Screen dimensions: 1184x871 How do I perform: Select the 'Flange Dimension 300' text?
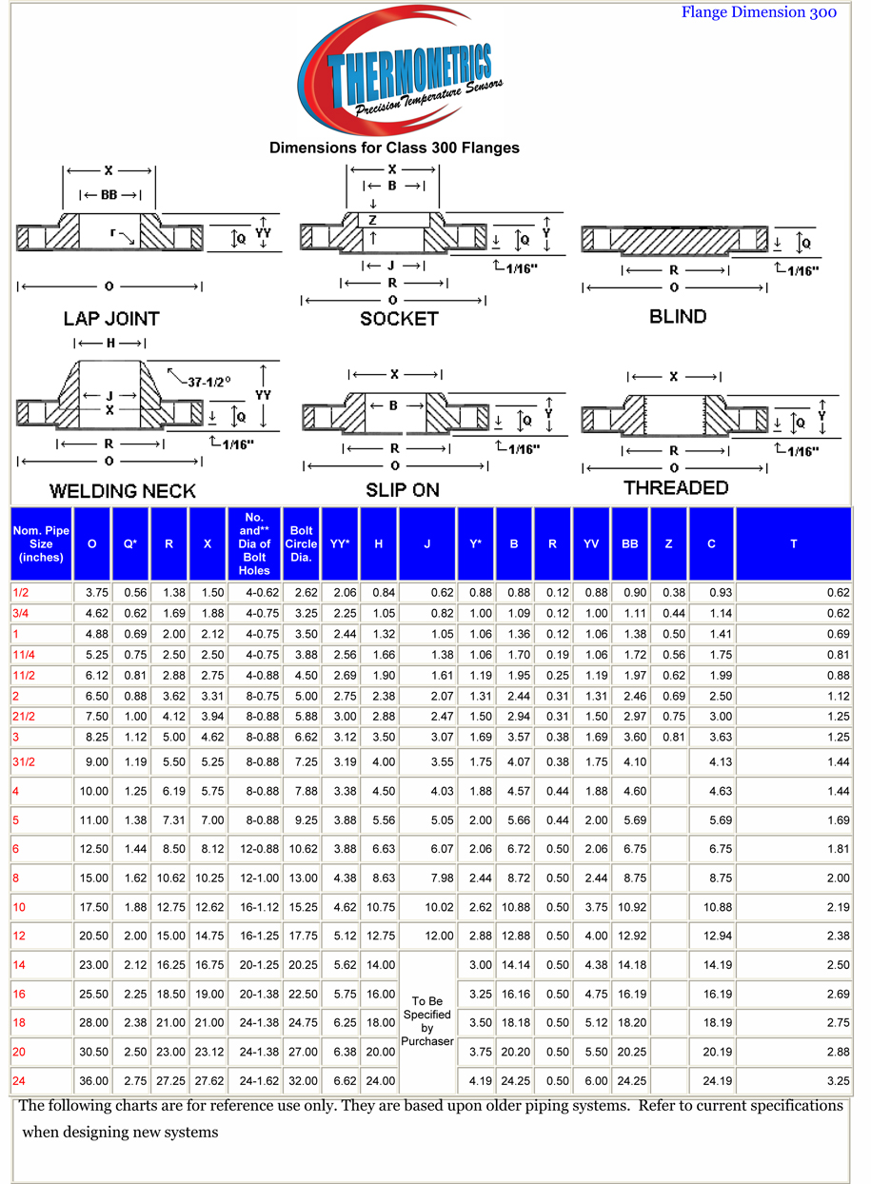[x=759, y=12]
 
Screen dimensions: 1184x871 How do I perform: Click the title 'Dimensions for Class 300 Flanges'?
[x=394, y=148]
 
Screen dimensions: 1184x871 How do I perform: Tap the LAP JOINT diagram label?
[x=111, y=319]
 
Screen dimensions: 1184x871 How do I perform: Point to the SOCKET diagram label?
[x=399, y=319]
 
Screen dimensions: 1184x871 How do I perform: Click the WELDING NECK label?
[x=122, y=491]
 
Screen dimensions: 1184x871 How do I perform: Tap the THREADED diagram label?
[x=676, y=488]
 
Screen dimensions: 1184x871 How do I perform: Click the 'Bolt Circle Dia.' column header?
[x=301, y=543]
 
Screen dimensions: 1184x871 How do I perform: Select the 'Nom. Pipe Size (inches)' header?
[x=41, y=543]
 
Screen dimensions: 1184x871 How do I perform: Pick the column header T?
[x=793, y=543]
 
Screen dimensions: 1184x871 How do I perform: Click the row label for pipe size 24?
[x=19, y=1081]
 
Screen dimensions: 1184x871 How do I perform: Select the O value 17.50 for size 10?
[x=92, y=907]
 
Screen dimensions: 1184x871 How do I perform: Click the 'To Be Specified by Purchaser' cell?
[x=426, y=1021]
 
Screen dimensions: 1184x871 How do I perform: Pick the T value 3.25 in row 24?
[x=837, y=1081]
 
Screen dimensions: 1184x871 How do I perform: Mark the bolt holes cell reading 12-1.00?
[x=254, y=878]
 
